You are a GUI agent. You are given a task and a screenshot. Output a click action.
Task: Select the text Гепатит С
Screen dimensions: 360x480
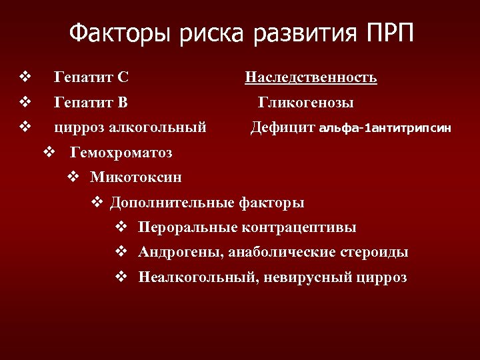coord(91,78)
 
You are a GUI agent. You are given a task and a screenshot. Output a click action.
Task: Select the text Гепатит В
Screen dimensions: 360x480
coord(91,103)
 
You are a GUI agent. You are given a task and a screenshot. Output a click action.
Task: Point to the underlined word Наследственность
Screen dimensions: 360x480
coord(311,78)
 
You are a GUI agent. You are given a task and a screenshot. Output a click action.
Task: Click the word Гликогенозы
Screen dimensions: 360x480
coord(306,103)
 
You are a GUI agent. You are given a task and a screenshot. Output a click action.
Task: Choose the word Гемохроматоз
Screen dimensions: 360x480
coord(121,153)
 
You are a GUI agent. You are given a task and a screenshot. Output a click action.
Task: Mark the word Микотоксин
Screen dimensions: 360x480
coord(136,177)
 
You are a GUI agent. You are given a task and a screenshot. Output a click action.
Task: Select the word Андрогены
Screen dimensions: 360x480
coord(182,252)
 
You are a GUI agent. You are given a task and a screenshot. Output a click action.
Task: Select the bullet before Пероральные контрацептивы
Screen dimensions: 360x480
coord(121,227)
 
